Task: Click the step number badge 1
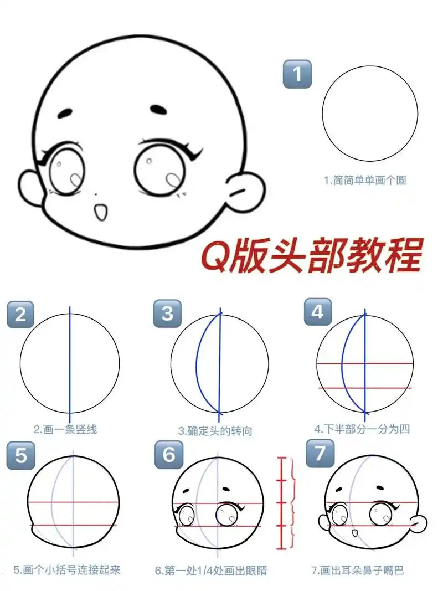[x=297, y=74]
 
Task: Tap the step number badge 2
[x=20, y=314]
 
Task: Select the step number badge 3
[x=167, y=314]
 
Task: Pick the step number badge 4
[x=317, y=312]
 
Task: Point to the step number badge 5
[x=20, y=455]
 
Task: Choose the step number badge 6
[x=169, y=454]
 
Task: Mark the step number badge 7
[x=320, y=453]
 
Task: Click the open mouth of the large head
[x=100, y=211]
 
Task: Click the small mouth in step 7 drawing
[x=354, y=533]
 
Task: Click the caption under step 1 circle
[x=365, y=180]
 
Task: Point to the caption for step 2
[x=65, y=429]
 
